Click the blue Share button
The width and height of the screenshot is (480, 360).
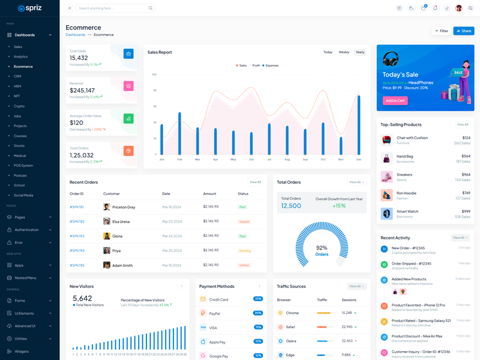[x=464, y=31]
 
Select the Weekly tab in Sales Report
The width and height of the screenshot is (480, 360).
[x=344, y=52]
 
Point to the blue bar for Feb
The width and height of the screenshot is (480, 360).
[x=179, y=133]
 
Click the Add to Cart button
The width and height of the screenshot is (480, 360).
[x=395, y=100]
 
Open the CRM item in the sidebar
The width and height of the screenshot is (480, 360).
[x=17, y=76]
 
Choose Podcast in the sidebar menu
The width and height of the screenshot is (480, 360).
[x=20, y=175]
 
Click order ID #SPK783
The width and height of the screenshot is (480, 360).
[x=77, y=236]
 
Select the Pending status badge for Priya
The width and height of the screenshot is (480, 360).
[x=245, y=251]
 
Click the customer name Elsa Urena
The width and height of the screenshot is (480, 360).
[x=121, y=221]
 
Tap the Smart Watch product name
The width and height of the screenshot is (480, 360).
[x=407, y=211]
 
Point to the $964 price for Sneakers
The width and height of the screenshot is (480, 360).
[x=466, y=175]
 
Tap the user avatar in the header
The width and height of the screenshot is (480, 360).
[x=459, y=8]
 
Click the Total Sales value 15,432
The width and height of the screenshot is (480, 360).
[x=79, y=58]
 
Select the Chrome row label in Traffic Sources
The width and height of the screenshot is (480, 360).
[x=292, y=313]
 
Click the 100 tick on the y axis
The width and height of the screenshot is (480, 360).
[x=154, y=74]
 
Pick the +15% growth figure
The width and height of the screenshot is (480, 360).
[x=339, y=206]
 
